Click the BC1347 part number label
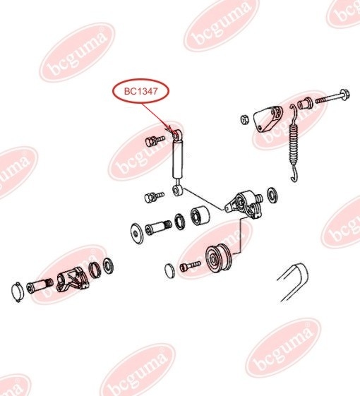pyautogui.click(x=140, y=91)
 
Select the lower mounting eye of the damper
pyautogui.click(x=177, y=190)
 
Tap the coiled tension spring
pyautogui.click(x=294, y=143)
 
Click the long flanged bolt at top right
pyautogui.click(x=332, y=97)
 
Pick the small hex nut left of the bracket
pyautogui.click(x=244, y=119)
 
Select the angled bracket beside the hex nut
pyautogui.click(x=268, y=119)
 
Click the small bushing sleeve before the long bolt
pyautogui.click(x=305, y=102)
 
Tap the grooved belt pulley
pyautogui.click(x=218, y=258)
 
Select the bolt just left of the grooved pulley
pyautogui.click(x=190, y=266)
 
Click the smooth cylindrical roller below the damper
pyautogui.click(x=200, y=216)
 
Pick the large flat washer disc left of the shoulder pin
pyautogui.click(x=137, y=234)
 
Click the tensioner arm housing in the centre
pyautogui.click(x=244, y=204)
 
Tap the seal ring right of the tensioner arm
pyautogui.click(x=272, y=195)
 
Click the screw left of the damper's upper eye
pyautogui.click(x=155, y=140)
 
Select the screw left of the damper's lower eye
pyautogui.click(x=154, y=197)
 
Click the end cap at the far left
pyautogui.click(x=18, y=292)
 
